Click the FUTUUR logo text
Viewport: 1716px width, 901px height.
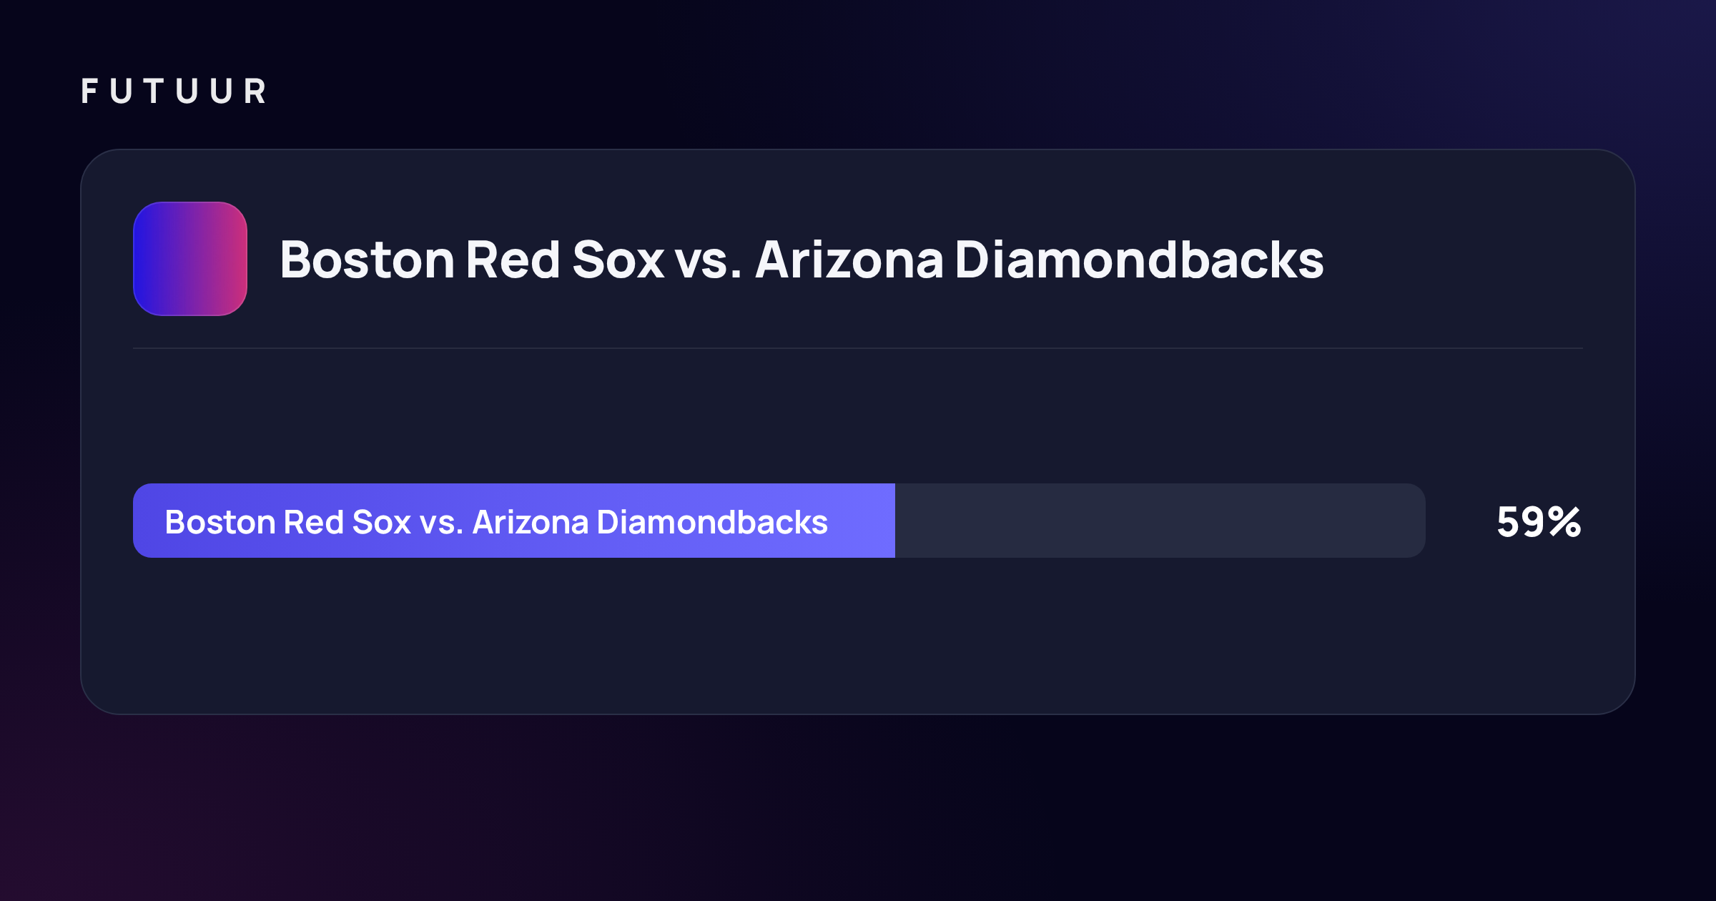174,92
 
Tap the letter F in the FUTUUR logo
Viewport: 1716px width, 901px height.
89,92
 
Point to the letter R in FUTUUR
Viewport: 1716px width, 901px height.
255,92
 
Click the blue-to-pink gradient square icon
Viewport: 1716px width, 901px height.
190,259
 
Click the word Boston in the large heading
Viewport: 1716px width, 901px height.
368,260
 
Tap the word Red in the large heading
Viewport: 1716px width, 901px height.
513,260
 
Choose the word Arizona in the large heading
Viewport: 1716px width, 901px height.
849,260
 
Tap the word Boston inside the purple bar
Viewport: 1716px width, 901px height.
220,522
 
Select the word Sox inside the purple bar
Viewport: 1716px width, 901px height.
381,522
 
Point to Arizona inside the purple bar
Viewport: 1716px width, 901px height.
531,522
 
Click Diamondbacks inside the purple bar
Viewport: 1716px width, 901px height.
712,522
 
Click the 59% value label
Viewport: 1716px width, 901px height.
1539,521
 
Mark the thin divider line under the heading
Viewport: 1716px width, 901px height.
858,348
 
